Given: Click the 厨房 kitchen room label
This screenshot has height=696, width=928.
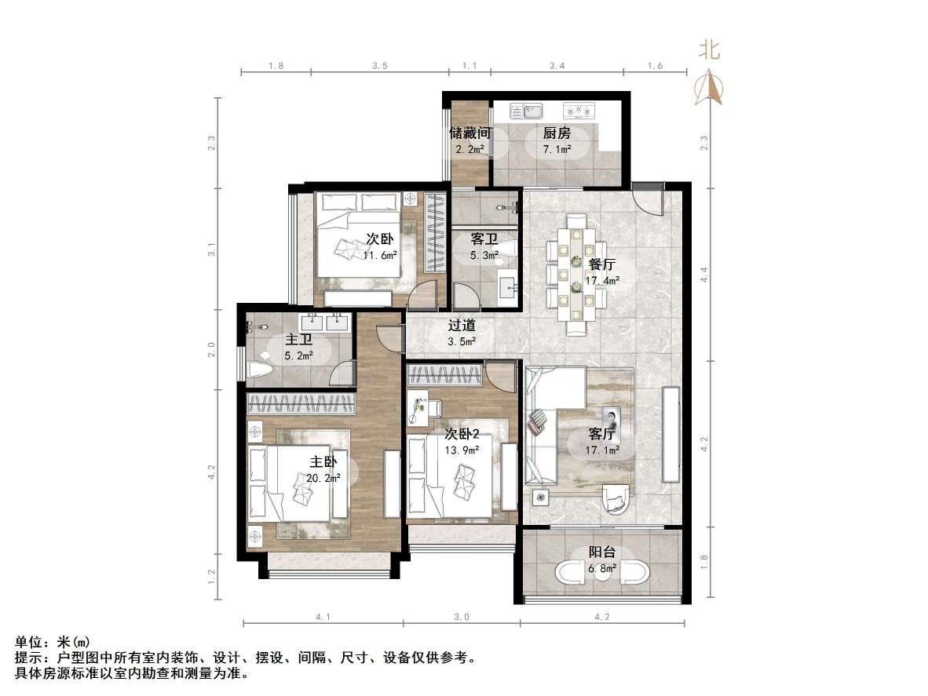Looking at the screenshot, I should click(x=557, y=133).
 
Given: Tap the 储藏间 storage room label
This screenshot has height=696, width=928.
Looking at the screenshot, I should click(x=469, y=133).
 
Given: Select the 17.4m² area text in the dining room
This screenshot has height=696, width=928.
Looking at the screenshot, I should click(x=603, y=281).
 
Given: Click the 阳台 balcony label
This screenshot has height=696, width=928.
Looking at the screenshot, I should click(x=602, y=552).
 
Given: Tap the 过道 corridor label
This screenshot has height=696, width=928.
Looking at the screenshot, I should click(x=462, y=326).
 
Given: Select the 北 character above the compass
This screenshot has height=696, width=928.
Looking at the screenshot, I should click(x=711, y=51).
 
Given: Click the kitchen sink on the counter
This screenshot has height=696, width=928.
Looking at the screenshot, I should click(x=522, y=111).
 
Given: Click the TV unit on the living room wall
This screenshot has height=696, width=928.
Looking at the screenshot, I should click(x=671, y=434).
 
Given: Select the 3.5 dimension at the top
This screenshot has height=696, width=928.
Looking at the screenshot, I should click(x=379, y=67).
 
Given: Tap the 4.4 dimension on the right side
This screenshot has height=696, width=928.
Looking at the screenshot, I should click(x=704, y=275).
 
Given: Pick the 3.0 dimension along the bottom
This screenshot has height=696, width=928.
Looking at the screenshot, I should click(x=461, y=618).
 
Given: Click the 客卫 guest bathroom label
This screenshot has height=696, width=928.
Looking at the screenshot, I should click(x=484, y=239).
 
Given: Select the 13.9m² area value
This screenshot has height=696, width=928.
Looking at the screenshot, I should click(x=462, y=449).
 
